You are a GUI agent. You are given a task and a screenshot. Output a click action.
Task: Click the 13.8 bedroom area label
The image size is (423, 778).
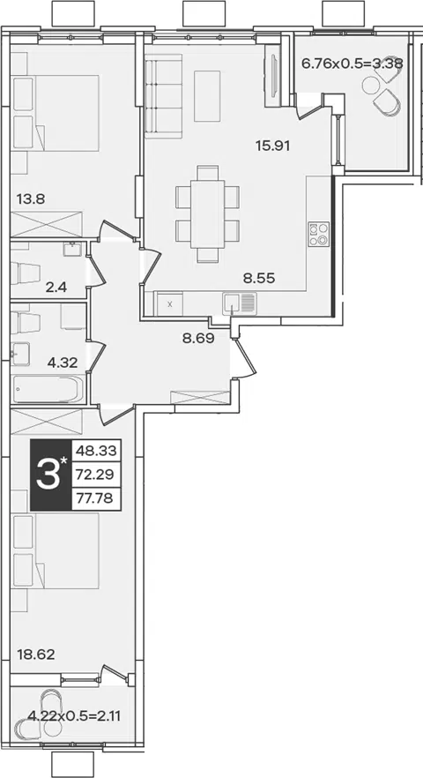click(31, 199)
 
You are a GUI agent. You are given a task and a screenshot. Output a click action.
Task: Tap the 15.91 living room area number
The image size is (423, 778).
click(272, 146)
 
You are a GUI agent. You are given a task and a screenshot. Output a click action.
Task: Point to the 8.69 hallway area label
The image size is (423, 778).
click(198, 340)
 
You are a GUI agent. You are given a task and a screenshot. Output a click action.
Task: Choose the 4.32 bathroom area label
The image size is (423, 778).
click(63, 363)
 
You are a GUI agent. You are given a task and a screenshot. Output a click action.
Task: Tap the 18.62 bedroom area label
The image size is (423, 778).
click(36, 654)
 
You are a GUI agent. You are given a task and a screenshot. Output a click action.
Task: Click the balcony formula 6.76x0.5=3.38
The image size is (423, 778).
click(352, 63)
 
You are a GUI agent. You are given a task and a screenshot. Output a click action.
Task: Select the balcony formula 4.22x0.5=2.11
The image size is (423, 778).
click(74, 716)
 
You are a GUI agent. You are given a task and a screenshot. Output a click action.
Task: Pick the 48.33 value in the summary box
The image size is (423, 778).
click(97, 451)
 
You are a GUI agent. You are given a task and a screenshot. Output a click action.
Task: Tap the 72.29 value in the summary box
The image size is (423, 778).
click(97, 475)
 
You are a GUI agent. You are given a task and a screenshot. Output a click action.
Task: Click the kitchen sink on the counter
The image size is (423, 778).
click(240, 303)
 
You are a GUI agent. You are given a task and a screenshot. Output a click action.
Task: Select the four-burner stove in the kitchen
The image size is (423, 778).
click(319, 235)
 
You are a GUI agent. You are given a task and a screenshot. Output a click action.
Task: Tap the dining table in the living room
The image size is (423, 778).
click(208, 213)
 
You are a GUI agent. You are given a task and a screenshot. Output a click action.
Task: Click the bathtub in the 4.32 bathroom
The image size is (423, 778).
click(48, 390)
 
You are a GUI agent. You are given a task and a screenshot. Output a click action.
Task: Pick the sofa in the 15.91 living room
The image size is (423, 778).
click(164, 96)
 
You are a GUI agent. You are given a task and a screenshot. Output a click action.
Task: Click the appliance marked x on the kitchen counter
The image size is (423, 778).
click(169, 304)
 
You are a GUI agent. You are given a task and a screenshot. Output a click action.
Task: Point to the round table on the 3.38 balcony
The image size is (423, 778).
click(370, 86)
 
